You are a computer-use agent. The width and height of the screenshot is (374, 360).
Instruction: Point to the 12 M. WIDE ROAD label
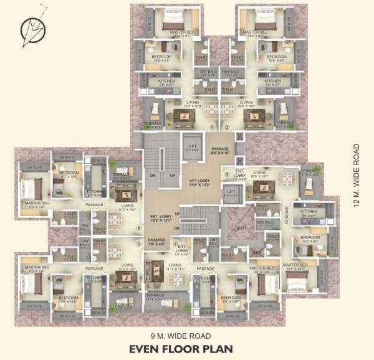pyautogui.click(x=357, y=178)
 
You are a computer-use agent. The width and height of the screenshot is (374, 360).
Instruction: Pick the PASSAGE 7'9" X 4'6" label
pyautogui.click(x=156, y=242)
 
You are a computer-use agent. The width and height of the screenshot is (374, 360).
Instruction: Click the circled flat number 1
pyautogui.click(x=211, y=127)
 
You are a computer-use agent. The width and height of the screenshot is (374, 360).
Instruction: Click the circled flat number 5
pyautogui.click(x=138, y=244)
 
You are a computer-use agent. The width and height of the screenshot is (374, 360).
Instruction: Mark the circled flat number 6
pyautogui.click(x=138, y=228)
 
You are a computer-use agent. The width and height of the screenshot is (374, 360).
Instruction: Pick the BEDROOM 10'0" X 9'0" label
pyautogui.click(x=310, y=240)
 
